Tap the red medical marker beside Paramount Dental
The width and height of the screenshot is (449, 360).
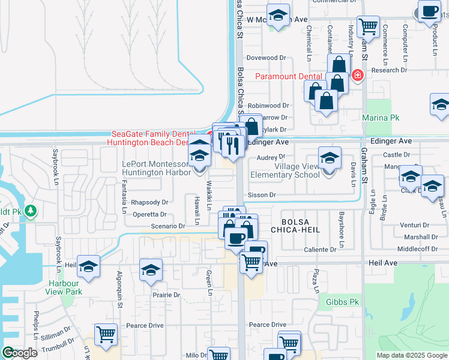coord(358,76)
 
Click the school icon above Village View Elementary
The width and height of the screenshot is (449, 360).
coord(329,158)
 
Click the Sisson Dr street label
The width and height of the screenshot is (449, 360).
coord(262,195)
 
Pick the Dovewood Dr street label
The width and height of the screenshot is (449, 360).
coord(266,58)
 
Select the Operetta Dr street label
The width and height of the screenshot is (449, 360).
coord(150,214)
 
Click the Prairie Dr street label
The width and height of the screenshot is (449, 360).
coord(165,295)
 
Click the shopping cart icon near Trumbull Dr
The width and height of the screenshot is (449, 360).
coord(106,335)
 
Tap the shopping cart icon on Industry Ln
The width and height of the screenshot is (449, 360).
coord(367,26)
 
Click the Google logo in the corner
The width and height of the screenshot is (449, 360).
coord(20,353)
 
